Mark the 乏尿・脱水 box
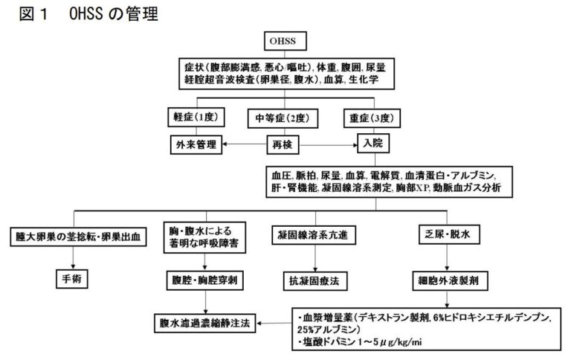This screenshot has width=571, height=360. [x=448, y=236]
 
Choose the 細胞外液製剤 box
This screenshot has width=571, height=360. [x=448, y=282]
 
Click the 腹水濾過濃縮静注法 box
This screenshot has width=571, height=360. [x=205, y=324]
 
